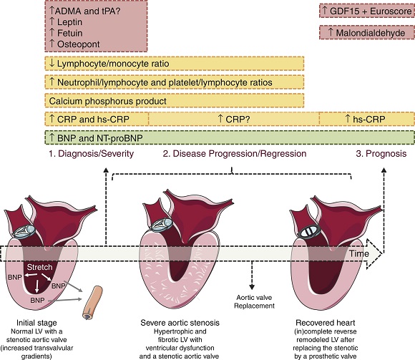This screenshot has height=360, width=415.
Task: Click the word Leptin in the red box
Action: tap(69, 22)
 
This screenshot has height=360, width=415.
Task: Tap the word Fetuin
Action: tap(70, 33)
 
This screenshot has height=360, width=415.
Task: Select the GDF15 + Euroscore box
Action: tap(367, 11)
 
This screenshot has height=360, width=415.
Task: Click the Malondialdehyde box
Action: tap(367, 32)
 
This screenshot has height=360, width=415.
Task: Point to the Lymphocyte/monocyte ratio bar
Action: tap(175, 64)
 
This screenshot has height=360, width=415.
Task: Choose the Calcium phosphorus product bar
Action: tap(175, 101)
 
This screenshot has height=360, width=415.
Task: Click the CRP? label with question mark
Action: tap(238, 119)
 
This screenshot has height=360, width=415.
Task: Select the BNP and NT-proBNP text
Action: tap(99, 138)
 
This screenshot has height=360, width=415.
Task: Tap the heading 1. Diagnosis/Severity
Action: tap(92, 154)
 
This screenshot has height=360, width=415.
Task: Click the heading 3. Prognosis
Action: tap(381, 154)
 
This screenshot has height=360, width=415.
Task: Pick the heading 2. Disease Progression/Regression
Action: tap(235, 154)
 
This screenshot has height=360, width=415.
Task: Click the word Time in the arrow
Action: tap(359, 253)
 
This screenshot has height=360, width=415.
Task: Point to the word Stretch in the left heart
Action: tap(39, 267)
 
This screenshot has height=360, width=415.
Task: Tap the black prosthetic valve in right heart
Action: tap(310, 231)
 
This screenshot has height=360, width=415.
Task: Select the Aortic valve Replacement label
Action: tap(254, 302)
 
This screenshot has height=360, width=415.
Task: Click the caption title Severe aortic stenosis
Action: tap(180, 323)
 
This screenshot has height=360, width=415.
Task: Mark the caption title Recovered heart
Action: tap(326, 323)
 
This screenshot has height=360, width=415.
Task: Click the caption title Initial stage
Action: tap(36, 323)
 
